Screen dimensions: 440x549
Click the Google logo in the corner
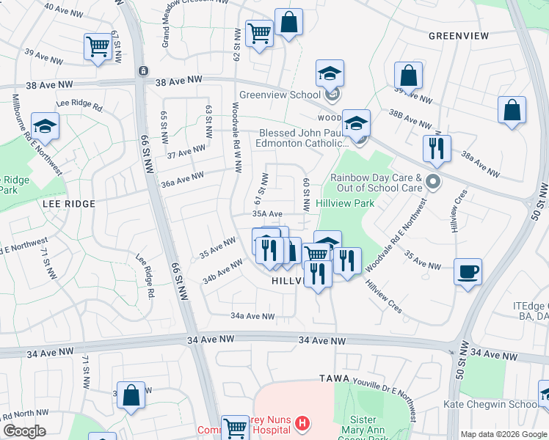click(x=24, y=431)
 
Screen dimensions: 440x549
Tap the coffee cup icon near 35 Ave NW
click(x=468, y=272)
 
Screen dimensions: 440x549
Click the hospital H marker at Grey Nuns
click(x=302, y=423)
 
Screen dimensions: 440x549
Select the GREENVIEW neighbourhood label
click(x=453, y=35)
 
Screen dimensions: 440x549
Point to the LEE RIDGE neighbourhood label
click(x=70, y=203)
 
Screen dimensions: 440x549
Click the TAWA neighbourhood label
click(x=335, y=378)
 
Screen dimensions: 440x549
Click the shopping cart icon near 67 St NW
click(x=97, y=46)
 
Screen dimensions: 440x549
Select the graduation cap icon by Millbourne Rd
click(x=45, y=126)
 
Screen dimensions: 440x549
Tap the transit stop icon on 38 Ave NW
click(x=142, y=71)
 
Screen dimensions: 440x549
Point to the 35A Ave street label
click(x=267, y=213)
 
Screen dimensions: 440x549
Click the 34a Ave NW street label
click(x=252, y=316)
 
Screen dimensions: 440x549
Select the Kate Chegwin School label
click(x=490, y=404)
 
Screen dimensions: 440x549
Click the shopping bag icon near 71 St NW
click(x=131, y=395)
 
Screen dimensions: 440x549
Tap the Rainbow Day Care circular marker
click(x=435, y=181)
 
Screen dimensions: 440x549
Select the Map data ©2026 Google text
click(x=503, y=434)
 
